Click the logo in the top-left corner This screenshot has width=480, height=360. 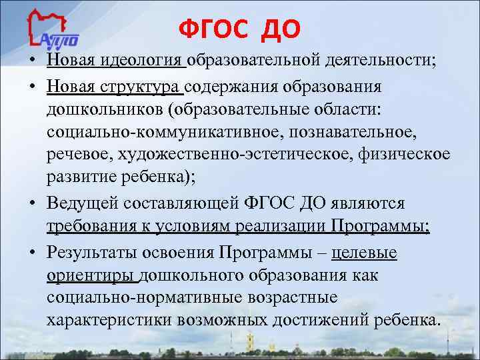coord(54,29)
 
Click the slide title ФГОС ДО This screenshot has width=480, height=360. coord(240,28)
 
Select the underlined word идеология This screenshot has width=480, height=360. coord(143,62)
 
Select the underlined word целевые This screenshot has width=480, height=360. coord(364,253)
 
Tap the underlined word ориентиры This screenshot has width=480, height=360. coord(91,275)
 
